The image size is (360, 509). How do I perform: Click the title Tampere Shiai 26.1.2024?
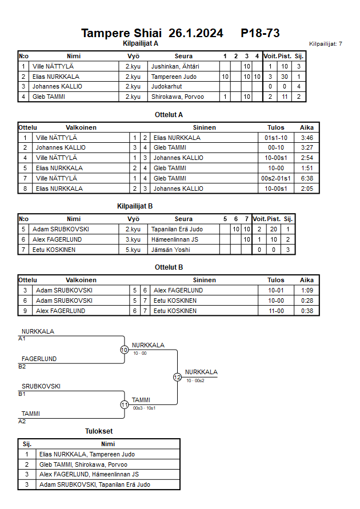(152, 33)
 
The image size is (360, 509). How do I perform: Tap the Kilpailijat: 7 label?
(325, 43)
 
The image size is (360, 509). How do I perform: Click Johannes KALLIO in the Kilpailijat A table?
(57, 87)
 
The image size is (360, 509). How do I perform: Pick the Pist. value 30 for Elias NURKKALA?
(284, 77)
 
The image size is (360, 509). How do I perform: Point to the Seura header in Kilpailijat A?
(183, 56)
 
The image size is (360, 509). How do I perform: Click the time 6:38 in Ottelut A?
(307, 178)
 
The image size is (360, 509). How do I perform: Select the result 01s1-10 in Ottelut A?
(275, 138)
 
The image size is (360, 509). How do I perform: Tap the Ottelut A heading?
(169, 114)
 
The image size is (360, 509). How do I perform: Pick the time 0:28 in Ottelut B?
(307, 300)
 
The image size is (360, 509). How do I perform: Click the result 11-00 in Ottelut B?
(275, 311)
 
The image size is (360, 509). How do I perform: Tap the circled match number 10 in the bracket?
(124, 350)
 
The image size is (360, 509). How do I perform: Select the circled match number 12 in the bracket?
(177, 377)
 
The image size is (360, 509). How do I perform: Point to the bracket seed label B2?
(22, 366)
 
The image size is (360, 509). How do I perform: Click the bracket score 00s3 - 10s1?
(145, 408)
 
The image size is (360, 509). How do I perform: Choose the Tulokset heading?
(99, 431)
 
